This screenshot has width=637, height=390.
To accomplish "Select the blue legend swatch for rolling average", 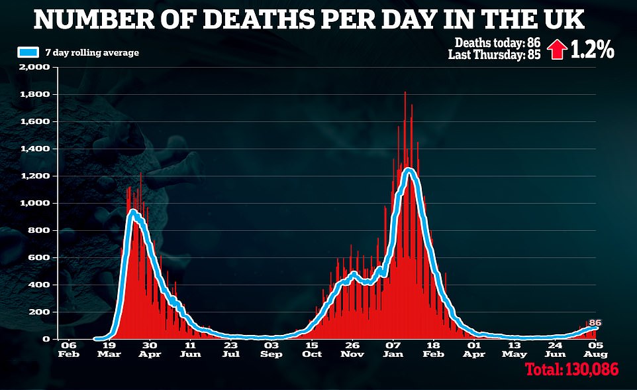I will (x=28, y=52).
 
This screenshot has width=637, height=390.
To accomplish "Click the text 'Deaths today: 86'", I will (x=497, y=43).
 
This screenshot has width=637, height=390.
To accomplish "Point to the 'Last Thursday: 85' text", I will (x=494, y=56).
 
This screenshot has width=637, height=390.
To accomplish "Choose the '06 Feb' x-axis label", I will (x=68, y=350).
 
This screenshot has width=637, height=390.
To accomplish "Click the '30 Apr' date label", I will (x=150, y=350).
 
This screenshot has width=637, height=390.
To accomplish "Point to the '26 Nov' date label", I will (x=352, y=350).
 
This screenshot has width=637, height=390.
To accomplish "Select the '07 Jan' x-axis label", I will (x=393, y=350).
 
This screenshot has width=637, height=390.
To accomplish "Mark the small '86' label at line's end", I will (x=595, y=322).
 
